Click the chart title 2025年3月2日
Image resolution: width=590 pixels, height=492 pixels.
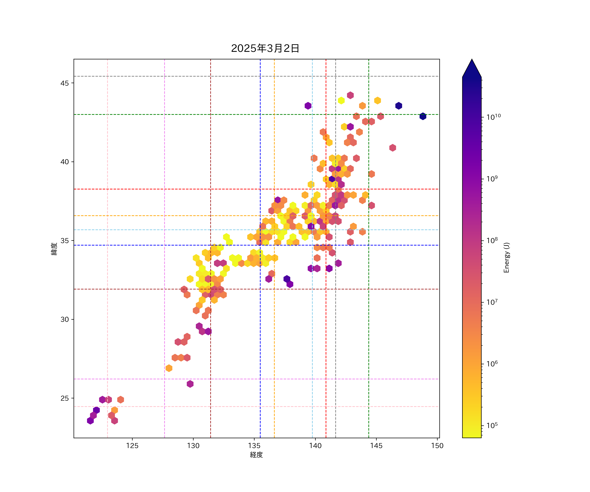265,48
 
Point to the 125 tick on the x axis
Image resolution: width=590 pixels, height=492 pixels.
132,446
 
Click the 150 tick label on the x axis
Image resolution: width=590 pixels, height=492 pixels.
437,446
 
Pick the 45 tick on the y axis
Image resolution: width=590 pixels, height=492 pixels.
65,83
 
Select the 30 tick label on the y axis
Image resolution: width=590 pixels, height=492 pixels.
65,319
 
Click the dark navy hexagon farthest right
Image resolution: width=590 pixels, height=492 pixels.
423,116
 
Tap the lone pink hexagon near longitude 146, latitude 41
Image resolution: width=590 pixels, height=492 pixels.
393,148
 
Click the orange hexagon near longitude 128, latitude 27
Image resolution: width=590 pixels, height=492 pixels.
169,368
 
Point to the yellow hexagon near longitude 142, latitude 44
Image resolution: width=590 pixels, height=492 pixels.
341,100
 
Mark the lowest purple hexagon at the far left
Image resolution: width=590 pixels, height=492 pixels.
90,421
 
